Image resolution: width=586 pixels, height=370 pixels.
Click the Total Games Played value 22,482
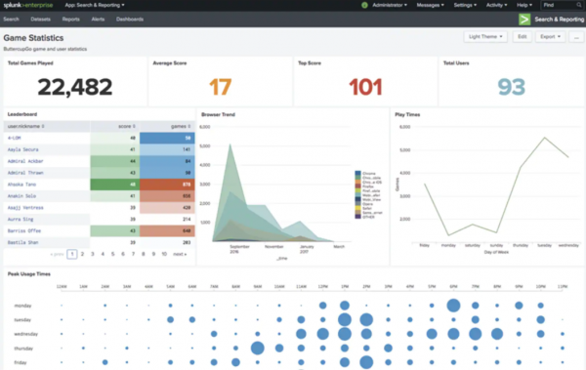[x=73, y=88]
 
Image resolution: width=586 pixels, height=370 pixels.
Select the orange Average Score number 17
[x=220, y=88]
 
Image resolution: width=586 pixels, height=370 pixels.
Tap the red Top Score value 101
[x=365, y=88]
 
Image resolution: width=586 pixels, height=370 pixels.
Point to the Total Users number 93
[x=511, y=88]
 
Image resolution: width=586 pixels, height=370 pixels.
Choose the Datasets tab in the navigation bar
[x=42, y=19]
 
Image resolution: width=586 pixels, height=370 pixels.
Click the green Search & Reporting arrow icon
[x=525, y=19]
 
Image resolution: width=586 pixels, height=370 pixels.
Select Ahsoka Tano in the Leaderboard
[x=21, y=183]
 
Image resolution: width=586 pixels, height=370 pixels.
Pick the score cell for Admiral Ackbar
[x=114, y=160]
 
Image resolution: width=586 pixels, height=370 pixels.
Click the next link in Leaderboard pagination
[x=179, y=253]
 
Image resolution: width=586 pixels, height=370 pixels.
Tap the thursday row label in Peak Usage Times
[x=21, y=347]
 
